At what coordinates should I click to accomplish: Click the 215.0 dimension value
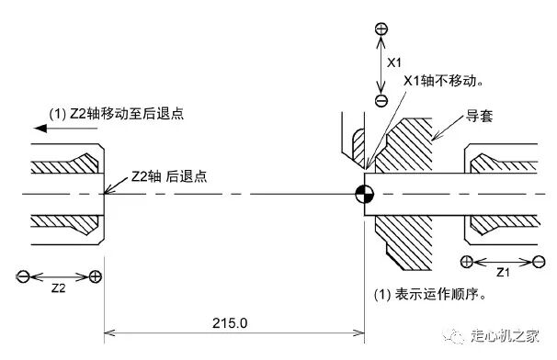(x=230, y=323)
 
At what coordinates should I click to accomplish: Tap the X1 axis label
(x=394, y=62)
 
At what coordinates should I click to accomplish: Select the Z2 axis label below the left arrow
(x=59, y=288)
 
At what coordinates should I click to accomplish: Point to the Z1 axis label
(x=503, y=273)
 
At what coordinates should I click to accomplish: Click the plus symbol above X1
(x=381, y=29)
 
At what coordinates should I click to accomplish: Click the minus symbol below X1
(x=381, y=101)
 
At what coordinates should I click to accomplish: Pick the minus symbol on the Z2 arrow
(x=23, y=276)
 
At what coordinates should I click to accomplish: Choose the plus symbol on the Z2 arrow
(x=96, y=276)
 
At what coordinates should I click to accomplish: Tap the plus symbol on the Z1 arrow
(x=466, y=262)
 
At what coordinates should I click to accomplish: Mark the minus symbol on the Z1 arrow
(x=539, y=262)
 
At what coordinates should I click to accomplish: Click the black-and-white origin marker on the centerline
(x=365, y=194)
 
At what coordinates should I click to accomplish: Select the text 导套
(x=479, y=116)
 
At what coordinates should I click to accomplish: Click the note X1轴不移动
(x=443, y=81)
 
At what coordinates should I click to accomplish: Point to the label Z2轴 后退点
(x=169, y=176)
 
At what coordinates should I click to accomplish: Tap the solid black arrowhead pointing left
(x=40, y=128)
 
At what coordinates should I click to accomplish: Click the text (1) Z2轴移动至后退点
(x=117, y=114)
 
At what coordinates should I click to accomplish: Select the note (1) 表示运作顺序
(x=430, y=294)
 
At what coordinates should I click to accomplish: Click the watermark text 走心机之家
(x=506, y=335)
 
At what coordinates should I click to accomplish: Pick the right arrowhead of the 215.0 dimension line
(x=359, y=332)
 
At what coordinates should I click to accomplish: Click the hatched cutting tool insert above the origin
(x=358, y=147)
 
